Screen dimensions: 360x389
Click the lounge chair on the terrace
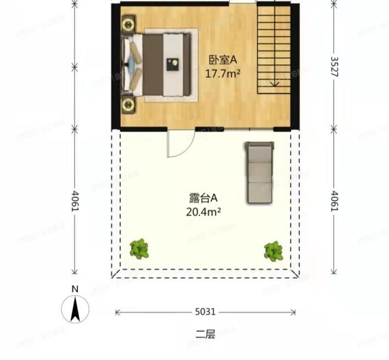click(259, 172)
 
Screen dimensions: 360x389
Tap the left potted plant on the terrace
click(140, 249)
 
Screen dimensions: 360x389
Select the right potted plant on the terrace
click(273, 251)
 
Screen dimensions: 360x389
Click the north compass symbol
click(75, 309)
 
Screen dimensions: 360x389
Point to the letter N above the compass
click(75, 289)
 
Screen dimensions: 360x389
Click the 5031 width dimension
click(205, 312)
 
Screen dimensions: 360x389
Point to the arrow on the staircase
click(273, 82)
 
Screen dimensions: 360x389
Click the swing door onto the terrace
click(179, 144)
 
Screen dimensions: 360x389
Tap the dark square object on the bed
click(173, 64)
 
